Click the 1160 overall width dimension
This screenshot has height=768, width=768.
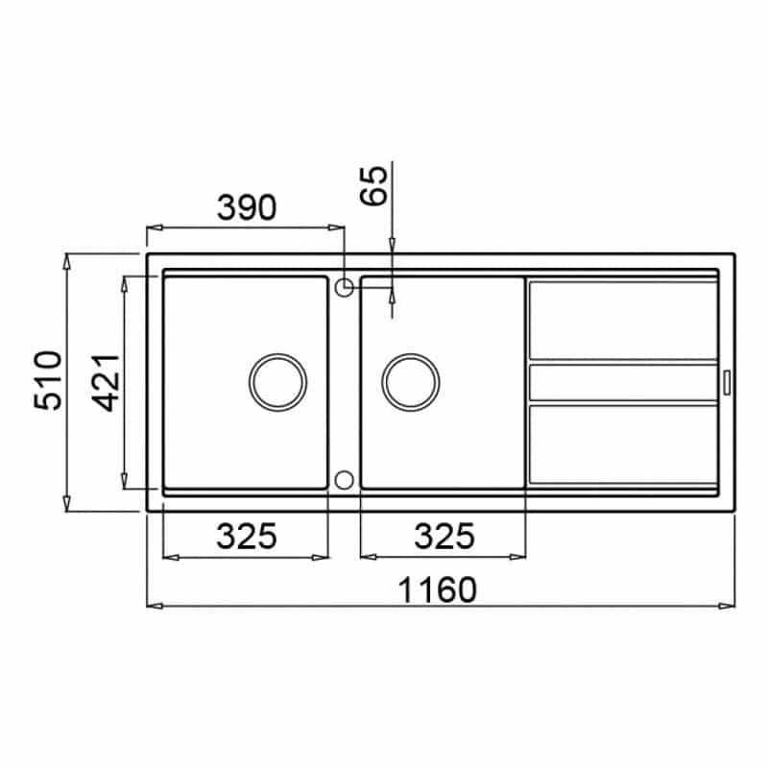(437, 589)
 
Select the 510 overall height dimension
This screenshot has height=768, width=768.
(48, 380)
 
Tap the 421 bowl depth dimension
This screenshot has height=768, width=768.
(106, 382)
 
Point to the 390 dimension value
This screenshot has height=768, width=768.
(247, 207)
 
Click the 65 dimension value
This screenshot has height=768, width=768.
(373, 185)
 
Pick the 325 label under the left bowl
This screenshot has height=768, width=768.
(247, 536)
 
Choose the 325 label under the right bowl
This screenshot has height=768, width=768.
(444, 536)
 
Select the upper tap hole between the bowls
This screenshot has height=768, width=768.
(345, 287)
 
